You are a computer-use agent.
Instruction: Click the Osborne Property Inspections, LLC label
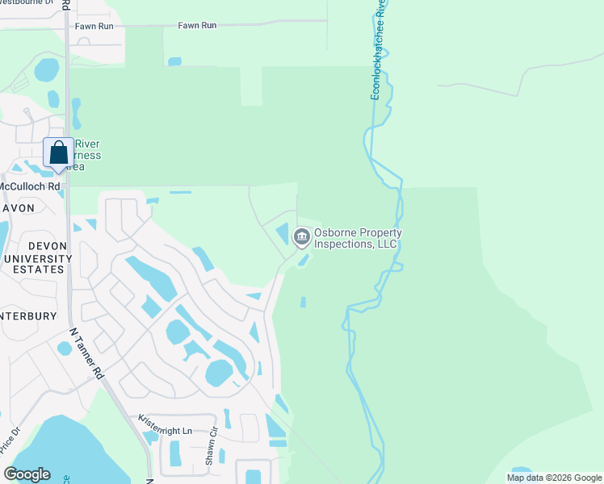(358, 238)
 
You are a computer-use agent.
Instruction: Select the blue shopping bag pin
(58, 153)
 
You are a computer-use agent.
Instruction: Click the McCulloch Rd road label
(29, 186)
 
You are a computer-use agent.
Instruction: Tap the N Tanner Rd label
(88, 353)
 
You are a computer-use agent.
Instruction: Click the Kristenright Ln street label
(166, 425)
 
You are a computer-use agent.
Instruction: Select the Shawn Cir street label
(212, 446)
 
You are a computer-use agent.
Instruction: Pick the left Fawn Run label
(94, 26)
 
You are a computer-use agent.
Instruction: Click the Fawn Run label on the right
(197, 26)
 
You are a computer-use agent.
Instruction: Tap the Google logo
(27, 474)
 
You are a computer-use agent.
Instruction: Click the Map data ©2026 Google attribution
(554, 478)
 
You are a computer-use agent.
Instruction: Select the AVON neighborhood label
(17, 207)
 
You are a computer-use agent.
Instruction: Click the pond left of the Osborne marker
(283, 234)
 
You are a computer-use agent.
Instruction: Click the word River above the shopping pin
(86, 144)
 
